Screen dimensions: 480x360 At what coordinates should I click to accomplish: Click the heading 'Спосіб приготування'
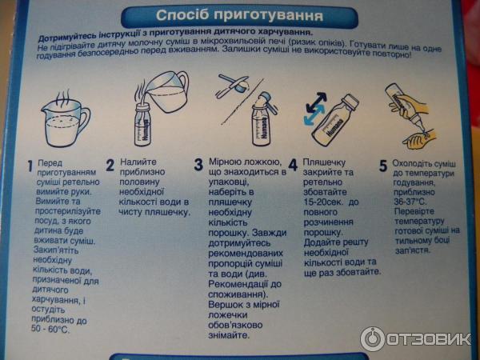(x=239, y=15)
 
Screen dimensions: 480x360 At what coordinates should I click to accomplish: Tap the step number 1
(x=30, y=166)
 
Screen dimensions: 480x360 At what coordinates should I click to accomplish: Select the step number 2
(x=110, y=165)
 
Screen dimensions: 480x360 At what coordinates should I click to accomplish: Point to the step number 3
(x=198, y=165)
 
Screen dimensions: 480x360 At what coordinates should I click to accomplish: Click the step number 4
(x=293, y=166)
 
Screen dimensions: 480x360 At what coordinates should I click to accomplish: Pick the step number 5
(x=383, y=166)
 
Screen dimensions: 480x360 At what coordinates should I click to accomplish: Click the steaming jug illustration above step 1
(x=65, y=118)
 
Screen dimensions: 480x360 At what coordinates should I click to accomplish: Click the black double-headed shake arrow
(x=316, y=102)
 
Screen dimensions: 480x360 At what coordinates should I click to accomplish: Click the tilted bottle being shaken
(x=335, y=120)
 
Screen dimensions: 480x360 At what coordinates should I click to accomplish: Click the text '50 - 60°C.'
(x=50, y=329)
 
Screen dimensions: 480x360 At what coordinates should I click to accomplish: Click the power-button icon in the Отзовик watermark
(x=372, y=339)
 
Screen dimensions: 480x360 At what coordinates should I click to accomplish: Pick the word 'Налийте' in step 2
(x=138, y=162)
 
